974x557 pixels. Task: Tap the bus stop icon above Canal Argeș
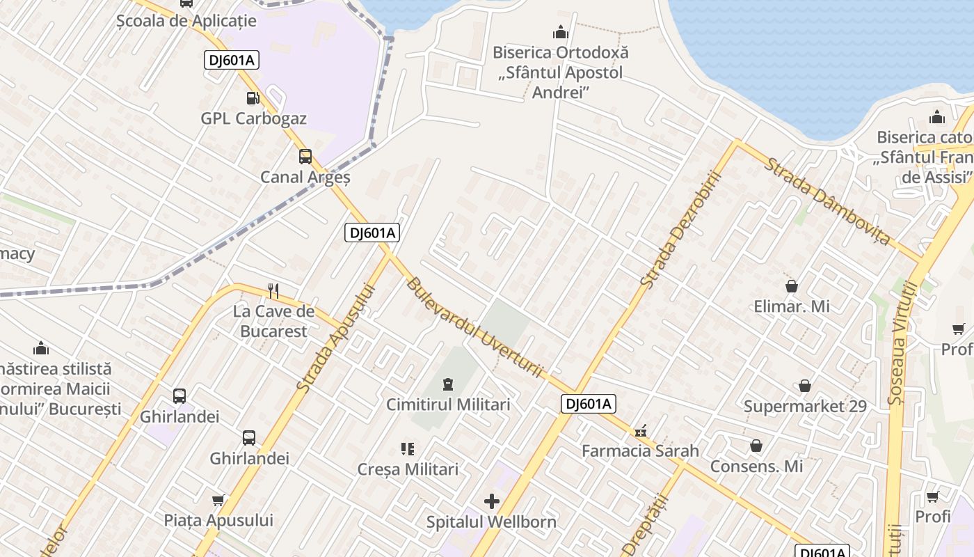[x=305, y=157]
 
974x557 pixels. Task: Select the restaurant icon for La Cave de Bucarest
[x=273, y=290]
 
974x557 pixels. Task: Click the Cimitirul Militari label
[x=448, y=405]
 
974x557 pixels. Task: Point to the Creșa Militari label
[x=408, y=469]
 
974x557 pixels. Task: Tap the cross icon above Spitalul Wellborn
[x=492, y=501]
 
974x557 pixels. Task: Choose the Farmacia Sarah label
[x=640, y=450]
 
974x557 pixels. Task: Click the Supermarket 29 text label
[x=805, y=406]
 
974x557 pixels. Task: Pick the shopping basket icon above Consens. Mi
[x=756, y=446]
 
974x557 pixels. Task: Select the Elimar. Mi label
[x=792, y=306]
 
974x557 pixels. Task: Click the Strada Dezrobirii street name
[x=679, y=230]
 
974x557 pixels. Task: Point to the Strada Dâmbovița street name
[x=827, y=201]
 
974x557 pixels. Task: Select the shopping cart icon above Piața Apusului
[x=218, y=500]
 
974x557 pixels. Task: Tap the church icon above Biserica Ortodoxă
[x=560, y=33]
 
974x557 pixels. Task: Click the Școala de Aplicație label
[x=186, y=21]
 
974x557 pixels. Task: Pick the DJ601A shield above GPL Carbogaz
[x=232, y=60]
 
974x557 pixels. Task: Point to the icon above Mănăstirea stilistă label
[x=41, y=347]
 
